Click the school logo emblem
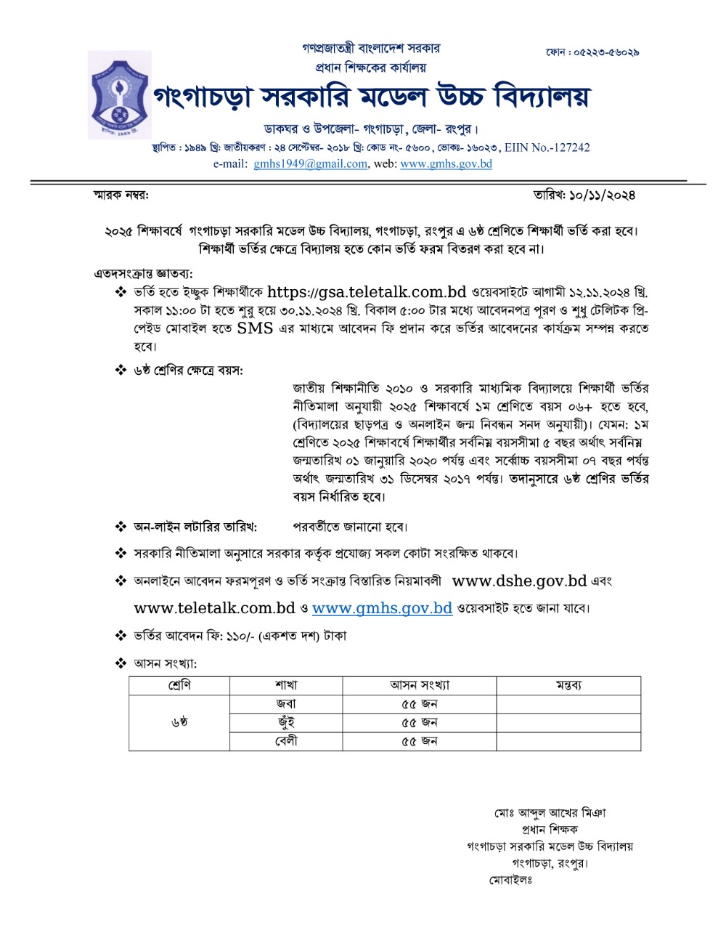120,94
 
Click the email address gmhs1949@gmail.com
310,164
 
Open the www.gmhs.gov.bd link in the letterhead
446,164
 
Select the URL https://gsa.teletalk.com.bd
366,292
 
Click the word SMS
255,328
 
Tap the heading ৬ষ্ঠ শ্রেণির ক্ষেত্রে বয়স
188,370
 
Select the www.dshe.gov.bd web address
519,581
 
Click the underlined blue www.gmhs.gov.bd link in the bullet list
382,608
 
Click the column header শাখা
286,685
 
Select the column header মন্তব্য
568,685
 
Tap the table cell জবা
286,704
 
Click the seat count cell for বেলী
419,741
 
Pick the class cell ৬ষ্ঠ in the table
179,722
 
